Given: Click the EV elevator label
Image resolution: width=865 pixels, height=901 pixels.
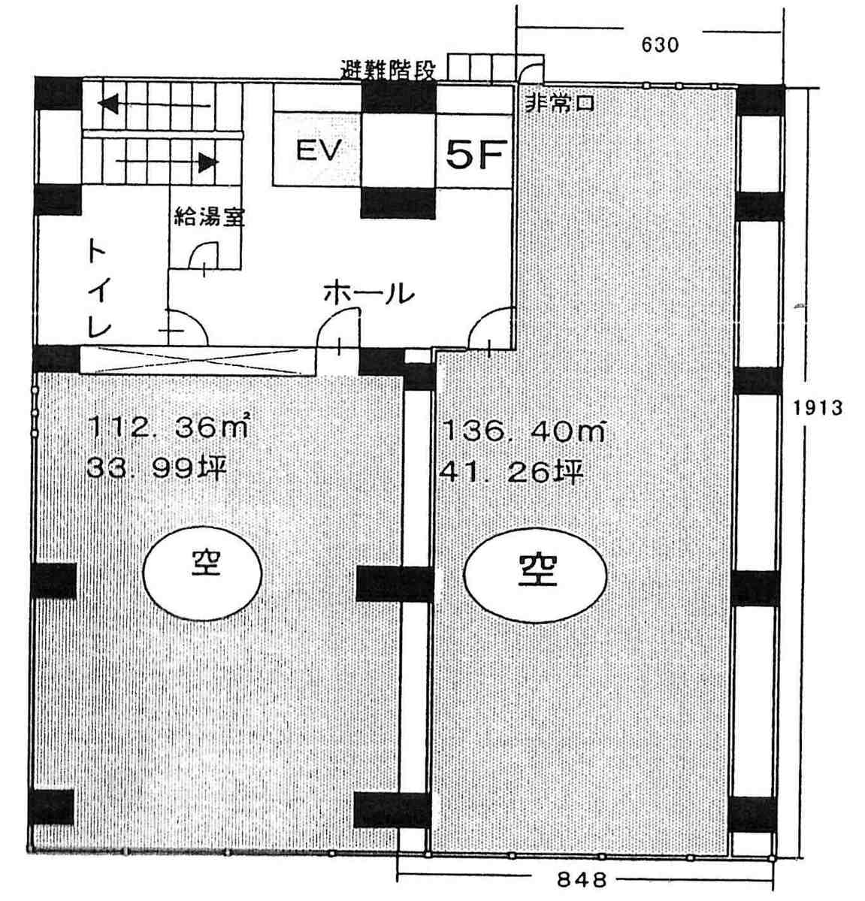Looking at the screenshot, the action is pyautogui.click(x=319, y=150).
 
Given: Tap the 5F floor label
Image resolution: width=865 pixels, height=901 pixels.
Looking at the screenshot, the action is pyautogui.click(x=476, y=153).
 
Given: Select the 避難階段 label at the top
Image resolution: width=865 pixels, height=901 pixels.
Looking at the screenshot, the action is pyautogui.click(x=388, y=70).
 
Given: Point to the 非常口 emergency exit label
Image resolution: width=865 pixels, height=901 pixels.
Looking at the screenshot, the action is pyautogui.click(x=559, y=104).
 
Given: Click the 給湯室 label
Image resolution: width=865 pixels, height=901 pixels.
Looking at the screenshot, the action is pyautogui.click(x=209, y=216).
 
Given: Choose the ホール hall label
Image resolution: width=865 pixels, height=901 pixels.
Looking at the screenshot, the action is pyautogui.click(x=368, y=293).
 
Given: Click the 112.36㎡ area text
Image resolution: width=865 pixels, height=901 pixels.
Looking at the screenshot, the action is pyautogui.click(x=168, y=426).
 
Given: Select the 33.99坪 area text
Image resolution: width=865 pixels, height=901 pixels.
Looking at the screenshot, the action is pyautogui.click(x=156, y=468).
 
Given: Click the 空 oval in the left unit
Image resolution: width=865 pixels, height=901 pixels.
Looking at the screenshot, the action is pyautogui.click(x=202, y=573).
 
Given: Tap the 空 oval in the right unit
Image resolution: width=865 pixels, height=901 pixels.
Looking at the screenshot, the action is pyautogui.click(x=536, y=575).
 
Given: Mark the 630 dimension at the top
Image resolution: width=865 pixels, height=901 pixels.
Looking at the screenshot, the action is pyautogui.click(x=660, y=45).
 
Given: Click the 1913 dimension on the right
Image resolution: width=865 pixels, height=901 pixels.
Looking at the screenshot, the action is pyautogui.click(x=818, y=407).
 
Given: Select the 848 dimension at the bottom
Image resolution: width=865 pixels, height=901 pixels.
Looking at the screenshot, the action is pyautogui.click(x=582, y=879).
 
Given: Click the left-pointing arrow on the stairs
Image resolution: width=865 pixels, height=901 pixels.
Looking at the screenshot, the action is pyautogui.click(x=154, y=105).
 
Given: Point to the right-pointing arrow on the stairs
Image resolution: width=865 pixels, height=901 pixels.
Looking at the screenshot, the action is pyautogui.click(x=168, y=162).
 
